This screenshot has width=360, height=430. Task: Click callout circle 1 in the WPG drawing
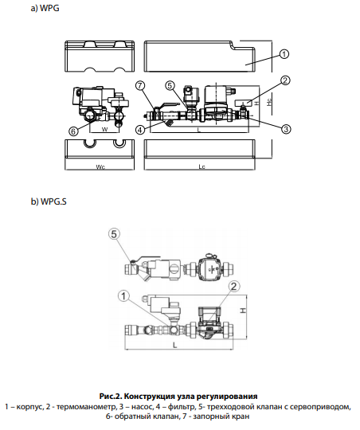pos(284,54)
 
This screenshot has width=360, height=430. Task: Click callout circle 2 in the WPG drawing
pos(285,80)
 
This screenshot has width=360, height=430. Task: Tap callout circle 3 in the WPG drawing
pos(286,129)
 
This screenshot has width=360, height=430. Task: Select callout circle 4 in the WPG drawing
pos(140,130)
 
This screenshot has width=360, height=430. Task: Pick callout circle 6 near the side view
pos(73,131)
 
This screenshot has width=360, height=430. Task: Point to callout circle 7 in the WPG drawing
pos(140,85)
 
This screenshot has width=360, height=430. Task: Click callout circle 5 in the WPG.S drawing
pos(114,234)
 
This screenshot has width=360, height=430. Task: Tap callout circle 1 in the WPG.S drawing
pos(123,296)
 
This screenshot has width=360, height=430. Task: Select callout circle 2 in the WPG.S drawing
pos(234,287)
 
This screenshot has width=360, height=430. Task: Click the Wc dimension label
pos(100,166)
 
